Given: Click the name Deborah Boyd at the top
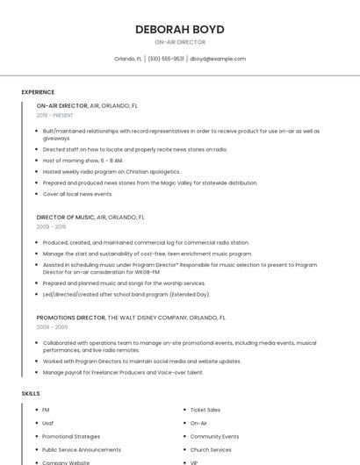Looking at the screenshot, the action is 180,29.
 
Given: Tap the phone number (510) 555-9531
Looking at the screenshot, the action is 166,59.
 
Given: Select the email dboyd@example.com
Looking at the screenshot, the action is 218,59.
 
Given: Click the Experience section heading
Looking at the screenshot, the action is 38,92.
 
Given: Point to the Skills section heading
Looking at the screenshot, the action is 31,394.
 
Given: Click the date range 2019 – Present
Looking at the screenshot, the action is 55,115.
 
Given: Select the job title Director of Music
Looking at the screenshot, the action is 66,217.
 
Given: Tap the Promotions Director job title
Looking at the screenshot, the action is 71,318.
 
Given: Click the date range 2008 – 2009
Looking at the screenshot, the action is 52,327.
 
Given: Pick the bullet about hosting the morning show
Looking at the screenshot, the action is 83,161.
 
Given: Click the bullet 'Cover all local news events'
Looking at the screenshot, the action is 77,194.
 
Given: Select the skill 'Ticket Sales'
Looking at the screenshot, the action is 205,410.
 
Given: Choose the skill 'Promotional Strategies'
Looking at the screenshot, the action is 71,436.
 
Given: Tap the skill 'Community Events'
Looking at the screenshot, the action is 214,436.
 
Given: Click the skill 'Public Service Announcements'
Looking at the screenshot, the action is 82,449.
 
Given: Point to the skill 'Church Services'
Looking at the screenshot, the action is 211,449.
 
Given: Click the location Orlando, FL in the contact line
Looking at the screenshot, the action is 128,59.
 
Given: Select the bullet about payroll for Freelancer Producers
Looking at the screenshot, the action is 123,372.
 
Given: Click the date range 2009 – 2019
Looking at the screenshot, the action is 51,226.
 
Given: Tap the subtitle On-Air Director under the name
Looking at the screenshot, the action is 180,42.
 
